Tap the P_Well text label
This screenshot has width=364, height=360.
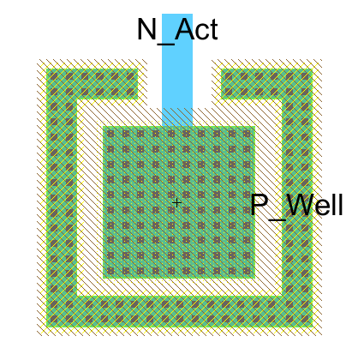click(296, 206)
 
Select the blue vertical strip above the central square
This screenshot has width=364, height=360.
click(177, 70)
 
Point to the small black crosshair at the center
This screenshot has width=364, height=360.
click(176, 203)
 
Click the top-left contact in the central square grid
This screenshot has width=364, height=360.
click(110, 134)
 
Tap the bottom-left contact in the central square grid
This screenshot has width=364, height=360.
click(110, 270)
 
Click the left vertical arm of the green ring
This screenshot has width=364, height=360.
click(62, 198)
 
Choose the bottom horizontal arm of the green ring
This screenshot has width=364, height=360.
click(180, 311)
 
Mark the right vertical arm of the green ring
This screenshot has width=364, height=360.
click(297, 198)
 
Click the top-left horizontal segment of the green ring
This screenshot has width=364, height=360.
click(92, 84)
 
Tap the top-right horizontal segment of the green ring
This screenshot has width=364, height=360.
click(267, 84)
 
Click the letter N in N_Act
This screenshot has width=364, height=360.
click(146, 29)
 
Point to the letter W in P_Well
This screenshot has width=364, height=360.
click(301, 204)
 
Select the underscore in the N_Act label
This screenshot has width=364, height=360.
click(165, 44)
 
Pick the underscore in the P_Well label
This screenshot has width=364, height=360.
click(277, 219)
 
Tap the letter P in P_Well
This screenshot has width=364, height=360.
click(259, 204)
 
